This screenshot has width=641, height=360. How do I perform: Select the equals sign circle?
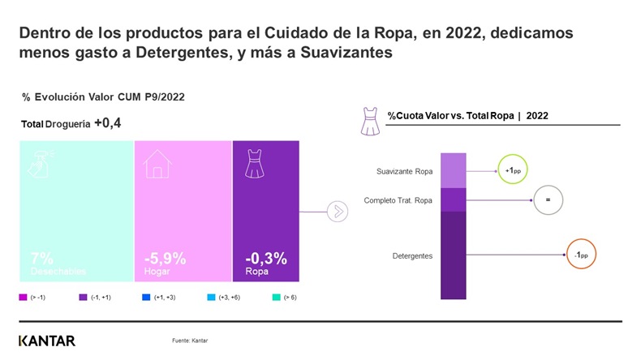coord(548,199)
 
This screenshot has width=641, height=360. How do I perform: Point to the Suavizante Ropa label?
coord(405,172)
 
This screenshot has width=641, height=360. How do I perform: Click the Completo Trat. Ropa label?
coord(398,199)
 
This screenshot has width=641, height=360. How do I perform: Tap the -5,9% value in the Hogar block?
coord(165,259)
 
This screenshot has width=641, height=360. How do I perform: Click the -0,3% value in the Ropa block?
coord(266,259)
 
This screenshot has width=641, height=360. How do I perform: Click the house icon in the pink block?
coord(158,165)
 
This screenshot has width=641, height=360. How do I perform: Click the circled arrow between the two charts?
coord(337,212)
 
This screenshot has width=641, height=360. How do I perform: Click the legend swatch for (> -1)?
coord(23,298)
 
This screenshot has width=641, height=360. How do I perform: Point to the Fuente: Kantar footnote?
coord(190,341)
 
